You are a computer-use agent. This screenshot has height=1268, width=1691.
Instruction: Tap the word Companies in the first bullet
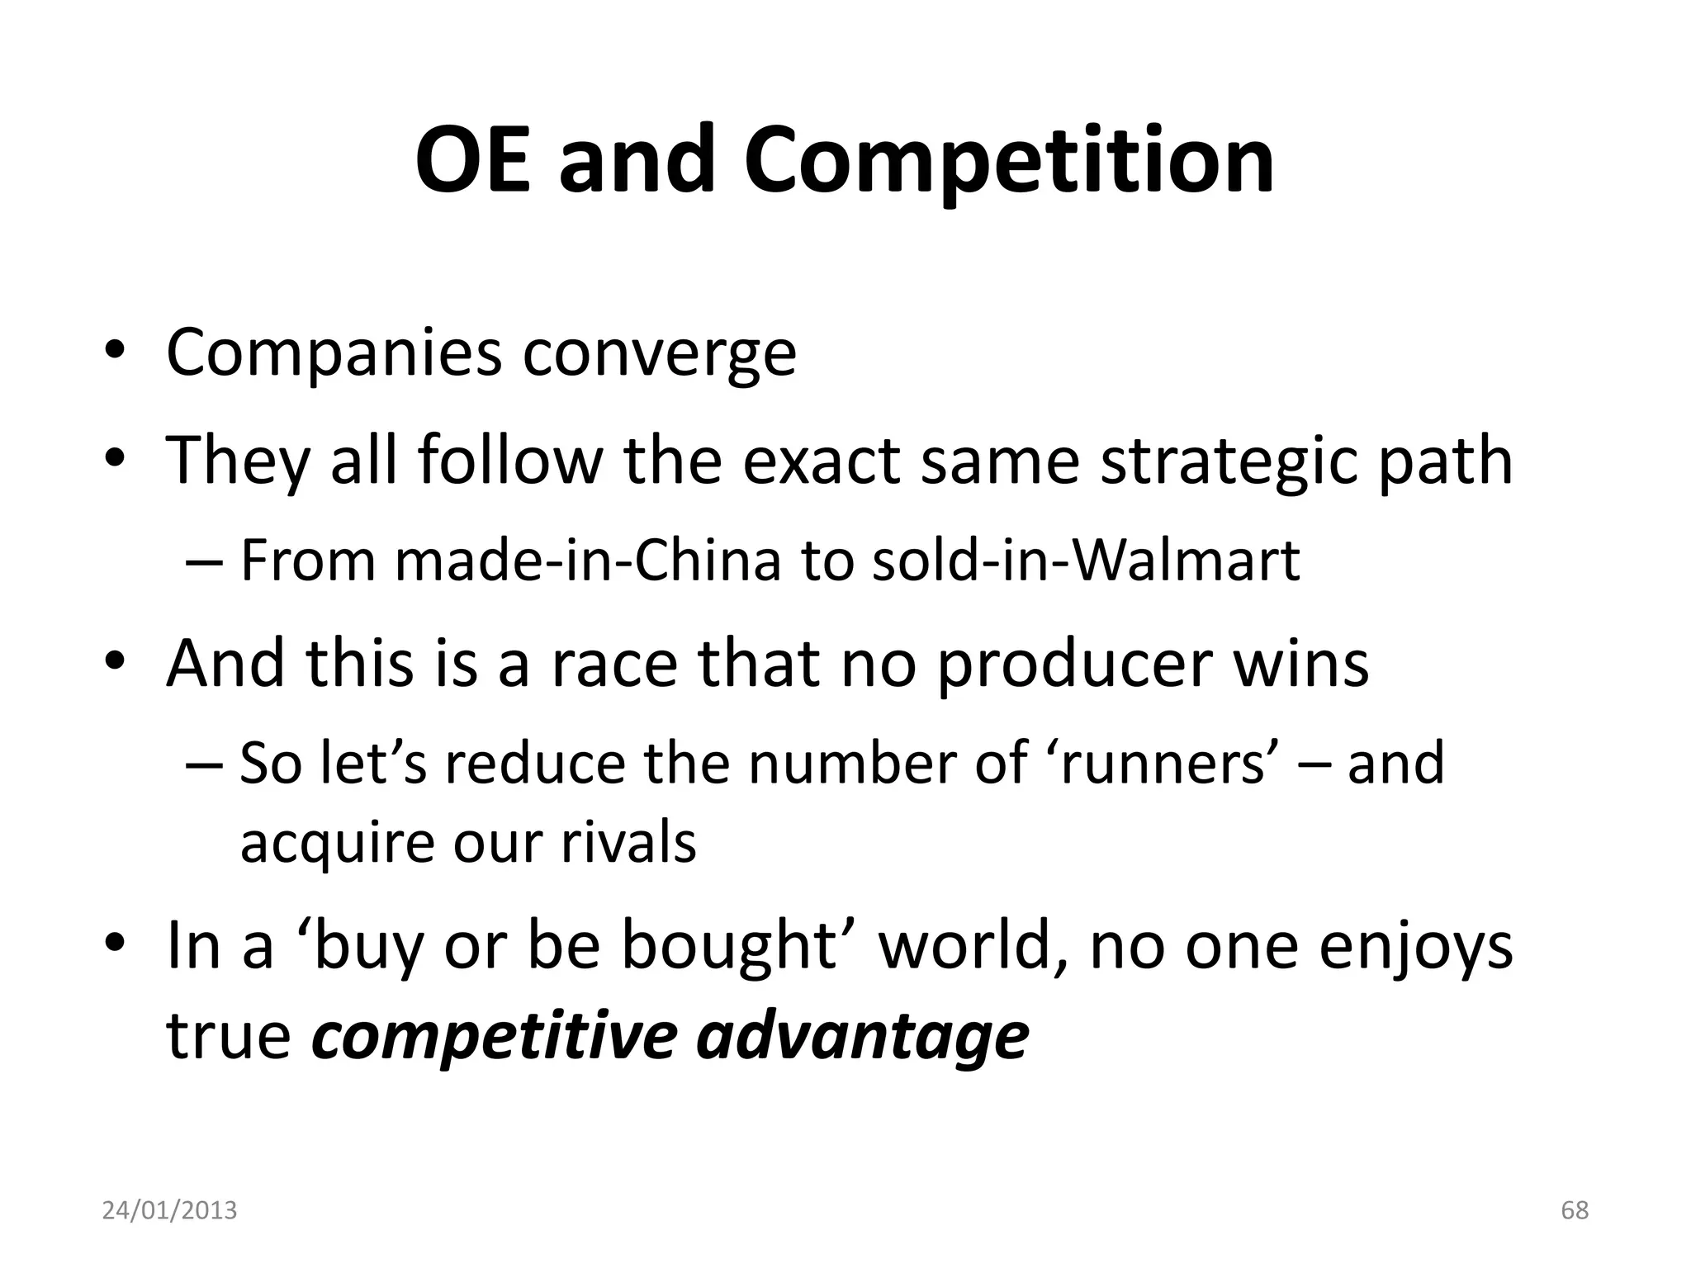point(333,353)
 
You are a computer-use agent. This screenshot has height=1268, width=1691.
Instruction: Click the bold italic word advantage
point(863,1037)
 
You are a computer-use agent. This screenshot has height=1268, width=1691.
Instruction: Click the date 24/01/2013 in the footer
point(169,1210)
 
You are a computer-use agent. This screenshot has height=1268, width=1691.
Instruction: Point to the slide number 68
point(1575,1210)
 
